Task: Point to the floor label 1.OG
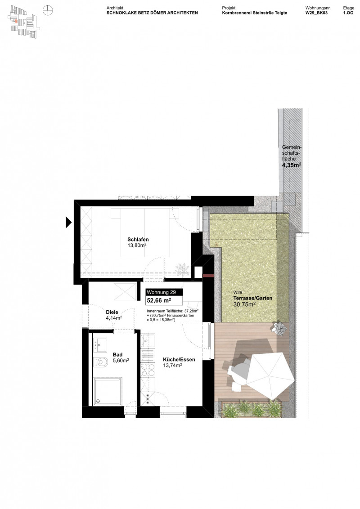[x=348, y=13]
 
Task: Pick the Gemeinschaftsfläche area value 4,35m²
[x=292, y=165]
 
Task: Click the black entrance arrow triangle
[x=69, y=222]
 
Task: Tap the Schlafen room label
[x=138, y=239]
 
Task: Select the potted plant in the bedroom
[x=183, y=268]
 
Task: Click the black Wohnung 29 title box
[x=164, y=292]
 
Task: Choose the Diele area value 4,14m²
[x=114, y=318]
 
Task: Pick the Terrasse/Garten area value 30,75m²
[x=244, y=304]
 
